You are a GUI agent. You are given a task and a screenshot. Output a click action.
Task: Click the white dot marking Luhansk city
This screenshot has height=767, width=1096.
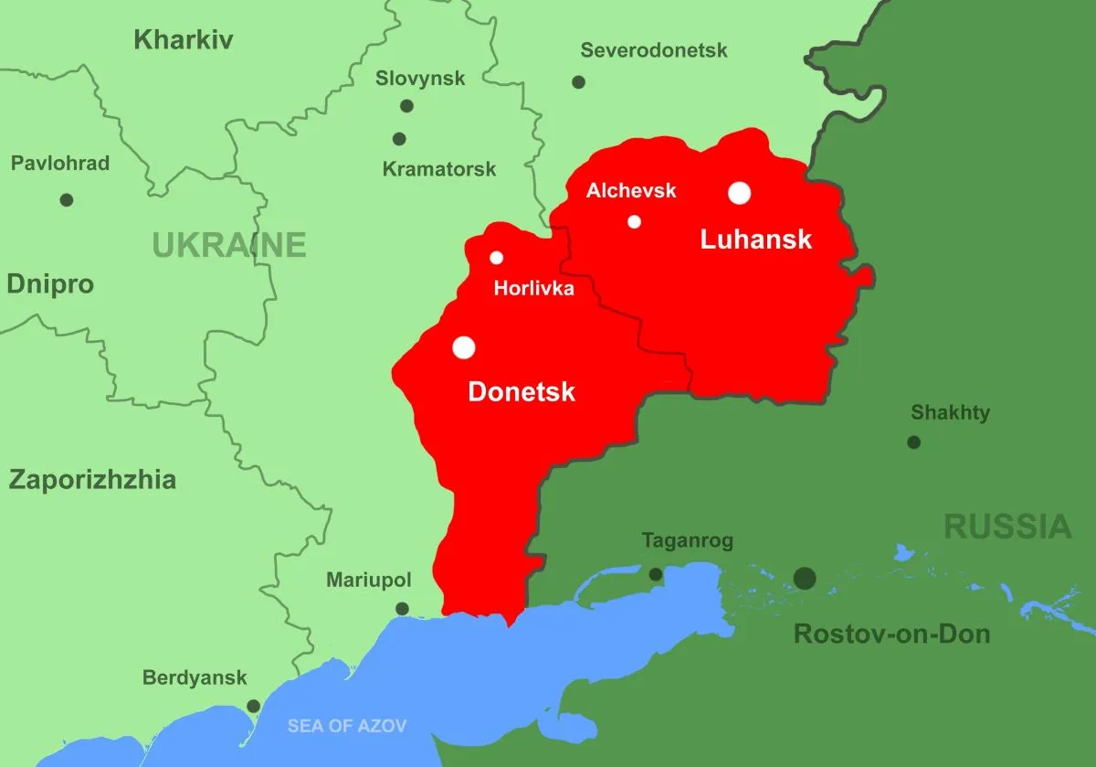click(740, 193)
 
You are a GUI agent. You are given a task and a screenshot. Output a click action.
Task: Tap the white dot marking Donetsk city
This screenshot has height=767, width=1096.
click(464, 347)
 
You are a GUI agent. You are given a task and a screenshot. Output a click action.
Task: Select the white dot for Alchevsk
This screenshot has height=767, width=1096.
click(634, 221)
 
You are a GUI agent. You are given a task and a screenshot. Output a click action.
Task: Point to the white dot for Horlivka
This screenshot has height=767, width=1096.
click(496, 258)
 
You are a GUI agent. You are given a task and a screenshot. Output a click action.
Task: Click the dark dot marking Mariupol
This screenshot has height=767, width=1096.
click(402, 609)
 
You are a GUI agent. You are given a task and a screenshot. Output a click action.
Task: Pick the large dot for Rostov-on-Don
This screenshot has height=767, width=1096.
click(805, 578)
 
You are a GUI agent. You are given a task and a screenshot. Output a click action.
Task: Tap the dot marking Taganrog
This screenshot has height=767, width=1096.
click(655, 575)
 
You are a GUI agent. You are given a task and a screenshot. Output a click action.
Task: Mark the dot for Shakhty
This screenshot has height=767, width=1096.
click(913, 442)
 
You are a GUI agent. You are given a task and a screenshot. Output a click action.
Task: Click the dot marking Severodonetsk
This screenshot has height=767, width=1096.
click(578, 82)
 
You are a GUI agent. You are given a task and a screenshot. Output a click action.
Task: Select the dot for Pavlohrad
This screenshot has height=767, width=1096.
click(66, 200)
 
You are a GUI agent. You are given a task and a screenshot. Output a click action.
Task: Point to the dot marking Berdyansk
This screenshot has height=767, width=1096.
click(253, 706)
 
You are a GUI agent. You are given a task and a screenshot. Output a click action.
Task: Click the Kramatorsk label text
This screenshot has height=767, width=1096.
click(439, 169)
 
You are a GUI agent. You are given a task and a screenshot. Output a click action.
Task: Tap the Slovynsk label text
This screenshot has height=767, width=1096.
click(420, 79)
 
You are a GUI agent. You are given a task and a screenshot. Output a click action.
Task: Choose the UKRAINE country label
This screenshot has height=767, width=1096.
click(228, 245)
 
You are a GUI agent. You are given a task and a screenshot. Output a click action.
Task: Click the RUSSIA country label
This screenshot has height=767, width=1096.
click(1007, 527)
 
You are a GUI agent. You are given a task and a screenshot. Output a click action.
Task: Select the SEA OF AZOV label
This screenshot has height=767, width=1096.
click(347, 727)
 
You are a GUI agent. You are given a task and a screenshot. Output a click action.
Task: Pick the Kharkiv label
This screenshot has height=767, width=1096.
click(184, 40)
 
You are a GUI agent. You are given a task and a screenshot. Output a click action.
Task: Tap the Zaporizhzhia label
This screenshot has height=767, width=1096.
click(92, 480)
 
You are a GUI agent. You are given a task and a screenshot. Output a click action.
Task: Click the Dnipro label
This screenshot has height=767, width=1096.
click(50, 284)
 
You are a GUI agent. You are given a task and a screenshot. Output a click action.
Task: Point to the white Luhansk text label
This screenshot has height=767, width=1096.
click(755, 240)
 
